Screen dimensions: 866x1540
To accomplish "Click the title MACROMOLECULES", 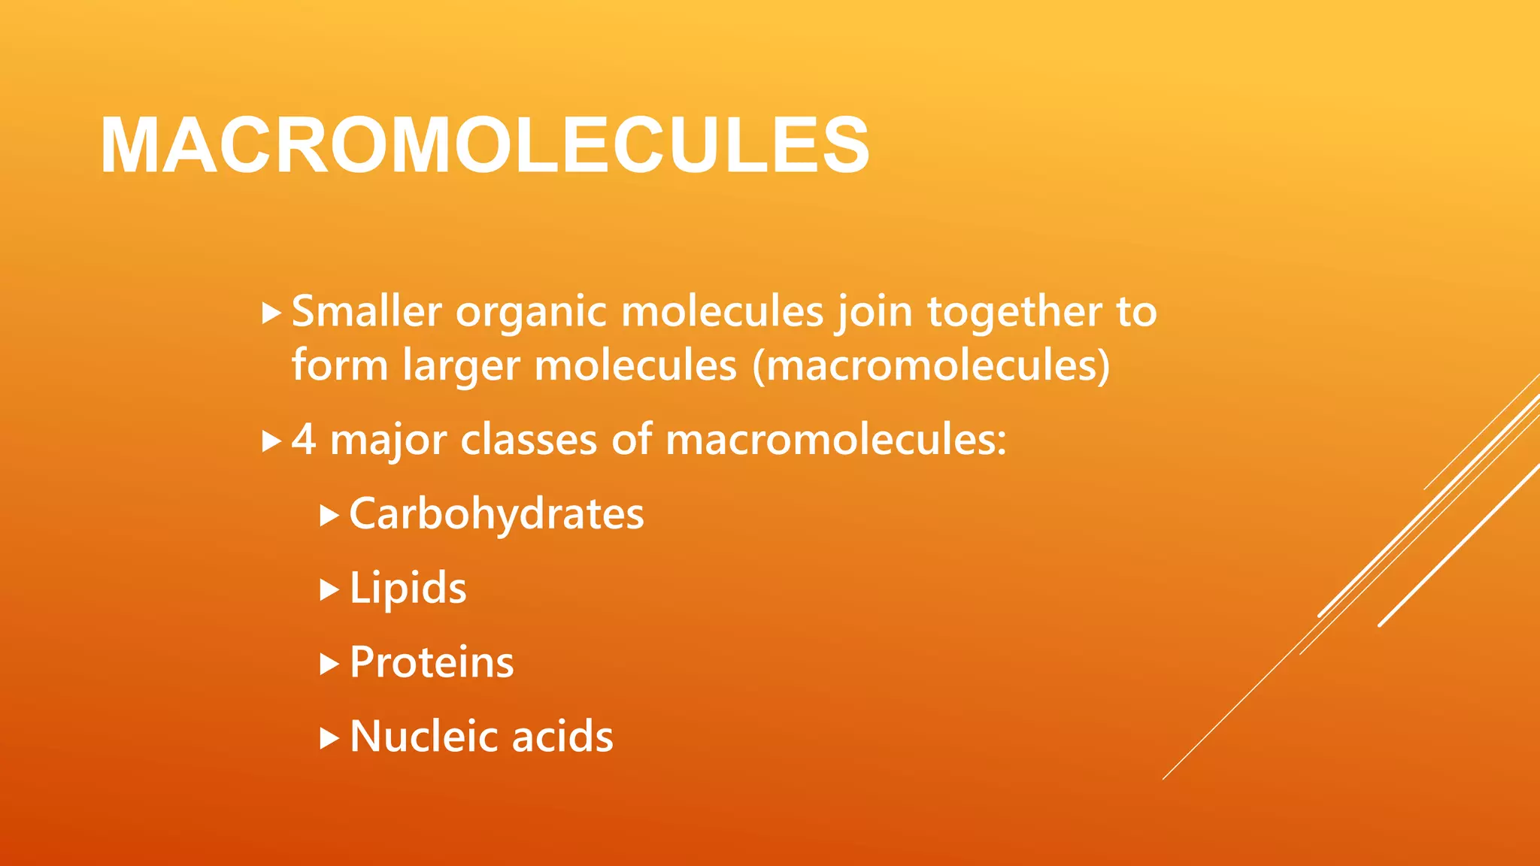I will pos(485,146).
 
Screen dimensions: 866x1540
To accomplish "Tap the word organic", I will pos(531,313).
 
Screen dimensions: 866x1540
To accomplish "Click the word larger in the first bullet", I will pos(461,367).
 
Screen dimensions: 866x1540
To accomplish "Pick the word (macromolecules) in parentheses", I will pos(931,366).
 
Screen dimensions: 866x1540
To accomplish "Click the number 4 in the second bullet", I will pos(303,439).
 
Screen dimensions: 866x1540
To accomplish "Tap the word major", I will pos(389,441).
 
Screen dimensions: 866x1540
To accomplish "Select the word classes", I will pos(529,439).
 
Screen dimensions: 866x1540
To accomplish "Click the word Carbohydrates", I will pos(496,514).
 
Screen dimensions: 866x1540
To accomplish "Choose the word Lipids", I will pos(408,588).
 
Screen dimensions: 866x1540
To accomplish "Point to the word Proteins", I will pos(432,662).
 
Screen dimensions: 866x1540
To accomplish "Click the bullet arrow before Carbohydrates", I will pos(329,516).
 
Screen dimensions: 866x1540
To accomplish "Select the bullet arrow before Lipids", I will pos(329,590).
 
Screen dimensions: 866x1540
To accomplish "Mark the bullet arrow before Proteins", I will pos(329,664).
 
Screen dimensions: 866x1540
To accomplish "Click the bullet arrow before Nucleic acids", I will pos(329,738).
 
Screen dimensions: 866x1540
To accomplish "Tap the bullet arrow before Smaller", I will pos(271,313).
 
